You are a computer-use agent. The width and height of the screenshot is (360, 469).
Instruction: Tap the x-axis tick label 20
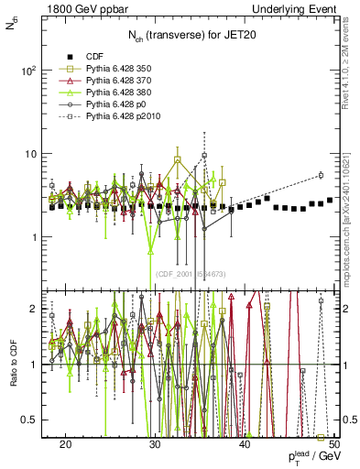65,444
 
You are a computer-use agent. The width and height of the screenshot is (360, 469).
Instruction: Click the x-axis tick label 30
155,444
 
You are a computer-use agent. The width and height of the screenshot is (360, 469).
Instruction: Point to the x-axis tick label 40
245,444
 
